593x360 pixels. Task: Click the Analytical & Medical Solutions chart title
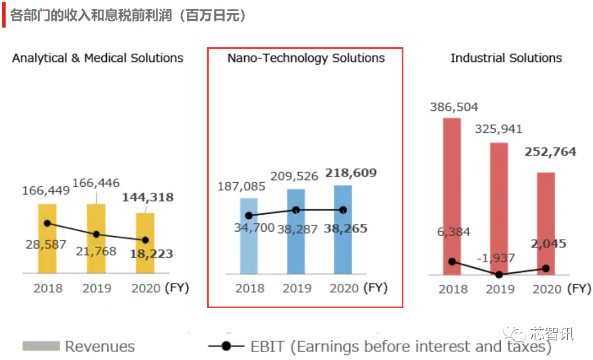pos(98,58)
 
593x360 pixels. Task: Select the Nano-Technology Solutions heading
pos(306,58)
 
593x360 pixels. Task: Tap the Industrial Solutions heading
pos(506,58)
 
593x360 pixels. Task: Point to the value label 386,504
pos(453,107)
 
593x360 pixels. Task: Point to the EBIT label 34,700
pos(255,228)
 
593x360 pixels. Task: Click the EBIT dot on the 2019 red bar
pos(498,274)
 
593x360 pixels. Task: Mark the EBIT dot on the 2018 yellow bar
pos(47,223)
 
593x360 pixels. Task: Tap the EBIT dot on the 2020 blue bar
pos(343,210)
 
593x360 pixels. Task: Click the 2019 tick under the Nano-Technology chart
pos(297,289)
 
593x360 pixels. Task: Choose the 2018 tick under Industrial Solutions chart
pos(453,289)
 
